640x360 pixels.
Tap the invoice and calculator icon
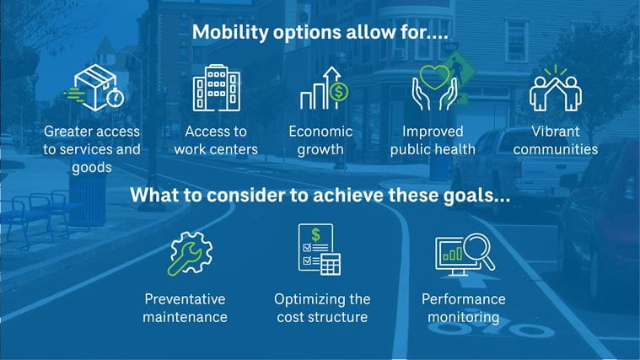[x=320, y=250]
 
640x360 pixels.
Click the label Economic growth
[x=321, y=141]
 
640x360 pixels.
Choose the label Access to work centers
[x=216, y=141]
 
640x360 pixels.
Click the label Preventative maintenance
[x=186, y=309]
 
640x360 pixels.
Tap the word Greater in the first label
[x=68, y=132]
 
